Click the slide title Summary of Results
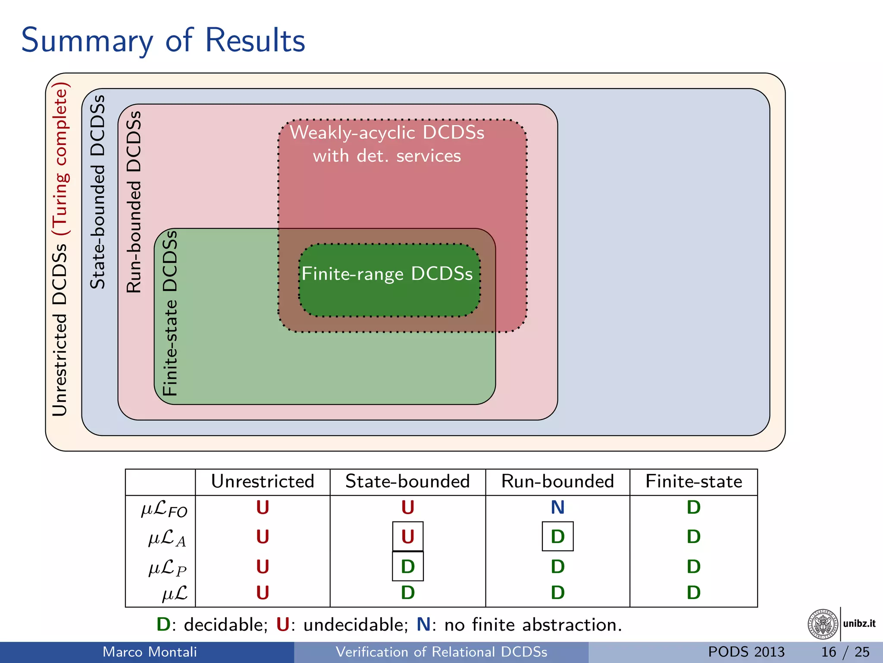pyautogui.click(x=163, y=40)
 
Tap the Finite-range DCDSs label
pyautogui.click(x=387, y=274)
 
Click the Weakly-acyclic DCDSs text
pyautogui.click(x=387, y=133)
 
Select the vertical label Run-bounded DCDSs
pyautogui.click(x=134, y=202)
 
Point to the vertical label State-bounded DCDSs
pyautogui.click(x=98, y=192)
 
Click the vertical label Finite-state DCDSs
pyautogui.click(x=170, y=313)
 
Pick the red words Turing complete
pyautogui.click(x=60, y=158)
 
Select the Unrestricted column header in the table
pyautogui.click(x=262, y=481)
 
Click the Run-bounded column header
pyautogui.click(x=557, y=481)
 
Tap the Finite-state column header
pyautogui.click(x=693, y=481)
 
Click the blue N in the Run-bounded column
pyautogui.click(x=557, y=507)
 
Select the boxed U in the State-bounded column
pyautogui.click(x=407, y=537)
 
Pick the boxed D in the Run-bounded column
pyautogui.click(x=557, y=537)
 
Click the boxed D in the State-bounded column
pyautogui.click(x=407, y=566)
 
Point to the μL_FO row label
pyautogui.click(x=164, y=509)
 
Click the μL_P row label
pyautogui.click(x=167, y=568)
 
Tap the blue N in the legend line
pyautogui.click(x=423, y=625)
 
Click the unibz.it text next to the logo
pyautogui.click(x=859, y=624)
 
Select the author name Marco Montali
pyautogui.click(x=149, y=652)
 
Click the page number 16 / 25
pyautogui.click(x=845, y=652)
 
